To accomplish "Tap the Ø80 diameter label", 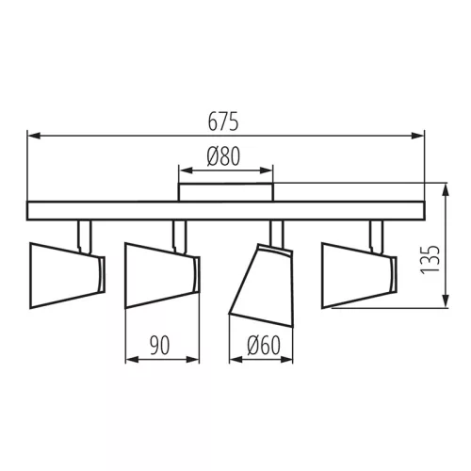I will click(x=225, y=157).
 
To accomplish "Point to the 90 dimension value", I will click(x=162, y=346).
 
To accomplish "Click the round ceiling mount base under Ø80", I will click(x=225, y=192).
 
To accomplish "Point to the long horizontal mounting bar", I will click(x=225, y=211).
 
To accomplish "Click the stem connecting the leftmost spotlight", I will click(x=85, y=232).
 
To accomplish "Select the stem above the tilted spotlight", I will click(x=277, y=232).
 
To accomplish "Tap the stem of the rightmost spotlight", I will click(x=376, y=232).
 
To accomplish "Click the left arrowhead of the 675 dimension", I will click(x=32, y=136).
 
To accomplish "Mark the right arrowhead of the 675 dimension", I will click(x=420, y=136).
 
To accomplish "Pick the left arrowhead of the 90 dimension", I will click(x=129, y=360).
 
